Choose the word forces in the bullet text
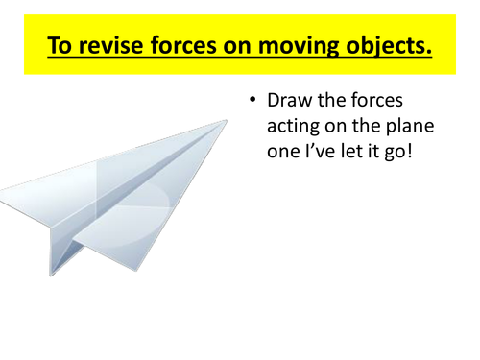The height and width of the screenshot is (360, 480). [x=392, y=101]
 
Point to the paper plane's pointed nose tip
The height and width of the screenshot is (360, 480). [x=228, y=120]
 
